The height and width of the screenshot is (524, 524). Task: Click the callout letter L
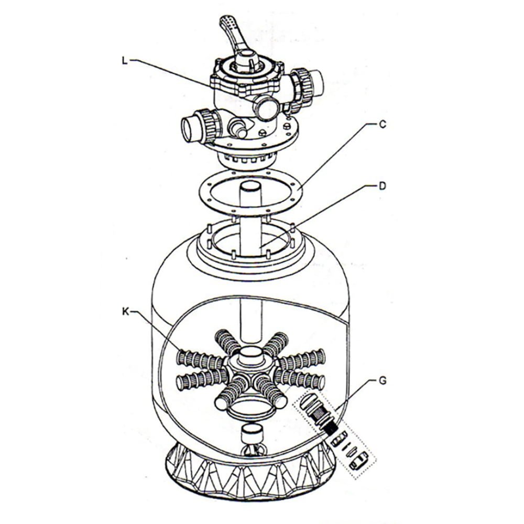coord(125,61)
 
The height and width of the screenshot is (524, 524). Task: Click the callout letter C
coord(383,124)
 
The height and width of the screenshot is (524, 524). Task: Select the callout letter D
coord(383,186)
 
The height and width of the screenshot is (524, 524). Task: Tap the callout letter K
coord(125,312)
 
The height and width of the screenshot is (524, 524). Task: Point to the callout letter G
coord(383,380)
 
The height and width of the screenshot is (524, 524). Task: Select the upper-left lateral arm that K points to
coord(200,359)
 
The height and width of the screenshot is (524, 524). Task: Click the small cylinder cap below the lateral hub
coord(252,433)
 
